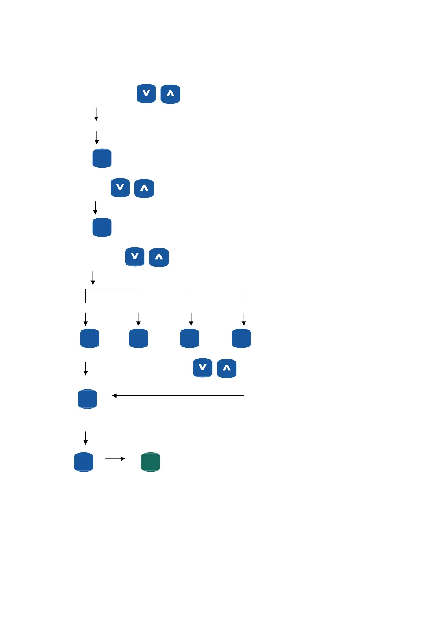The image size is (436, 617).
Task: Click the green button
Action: click(x=151, y=462)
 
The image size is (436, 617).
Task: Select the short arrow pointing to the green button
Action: click(x=115, y=459)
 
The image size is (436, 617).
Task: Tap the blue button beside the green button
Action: click(x=84, y=462)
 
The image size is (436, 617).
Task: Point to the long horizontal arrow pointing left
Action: click(x=178, y=396)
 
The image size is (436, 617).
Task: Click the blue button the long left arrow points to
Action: click(x=88, y=399)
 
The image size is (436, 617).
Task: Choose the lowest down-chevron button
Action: click(x=203, y=368)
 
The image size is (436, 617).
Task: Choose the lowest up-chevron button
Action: click(x=226, y=368)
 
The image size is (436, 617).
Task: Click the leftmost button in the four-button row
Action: click(x=90, y=338)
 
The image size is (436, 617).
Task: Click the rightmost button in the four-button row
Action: click(x=241, y=338)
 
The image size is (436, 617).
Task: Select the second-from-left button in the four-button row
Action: click(x=138, y=338)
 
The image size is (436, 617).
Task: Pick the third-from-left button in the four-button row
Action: click(x=189, y=338)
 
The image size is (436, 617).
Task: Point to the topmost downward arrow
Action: click(x=96, y=114)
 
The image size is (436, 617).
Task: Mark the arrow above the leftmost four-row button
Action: click(x=85, y=319)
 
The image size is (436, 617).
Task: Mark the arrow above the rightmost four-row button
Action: click(x=244, y=319)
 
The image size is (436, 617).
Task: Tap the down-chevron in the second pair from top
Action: click(x=120, y=188)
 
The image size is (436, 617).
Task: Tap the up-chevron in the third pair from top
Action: click(x=159, y=257)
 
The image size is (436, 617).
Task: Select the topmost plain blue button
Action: click(x=102, y=158)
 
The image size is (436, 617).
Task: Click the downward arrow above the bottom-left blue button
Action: click(x=85, y=438)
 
